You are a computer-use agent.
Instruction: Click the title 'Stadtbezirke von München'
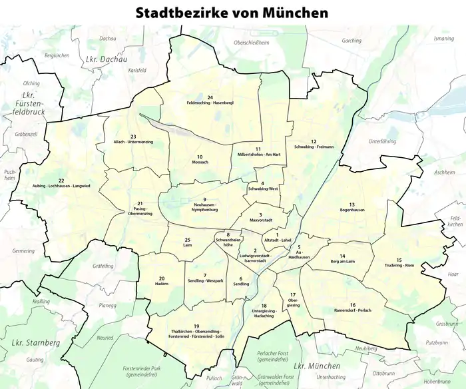pos(232,13)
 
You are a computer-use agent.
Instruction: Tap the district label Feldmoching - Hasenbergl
pos(210,103)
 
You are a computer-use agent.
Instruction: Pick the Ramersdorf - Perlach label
pos(352,310)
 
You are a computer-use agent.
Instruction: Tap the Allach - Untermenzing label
pos(133,143)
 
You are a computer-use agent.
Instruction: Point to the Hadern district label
pos(162,282)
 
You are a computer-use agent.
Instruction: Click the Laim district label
pos(188,245)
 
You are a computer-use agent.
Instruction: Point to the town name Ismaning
pos(443,39)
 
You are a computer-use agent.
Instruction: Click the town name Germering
pos(23,251)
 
